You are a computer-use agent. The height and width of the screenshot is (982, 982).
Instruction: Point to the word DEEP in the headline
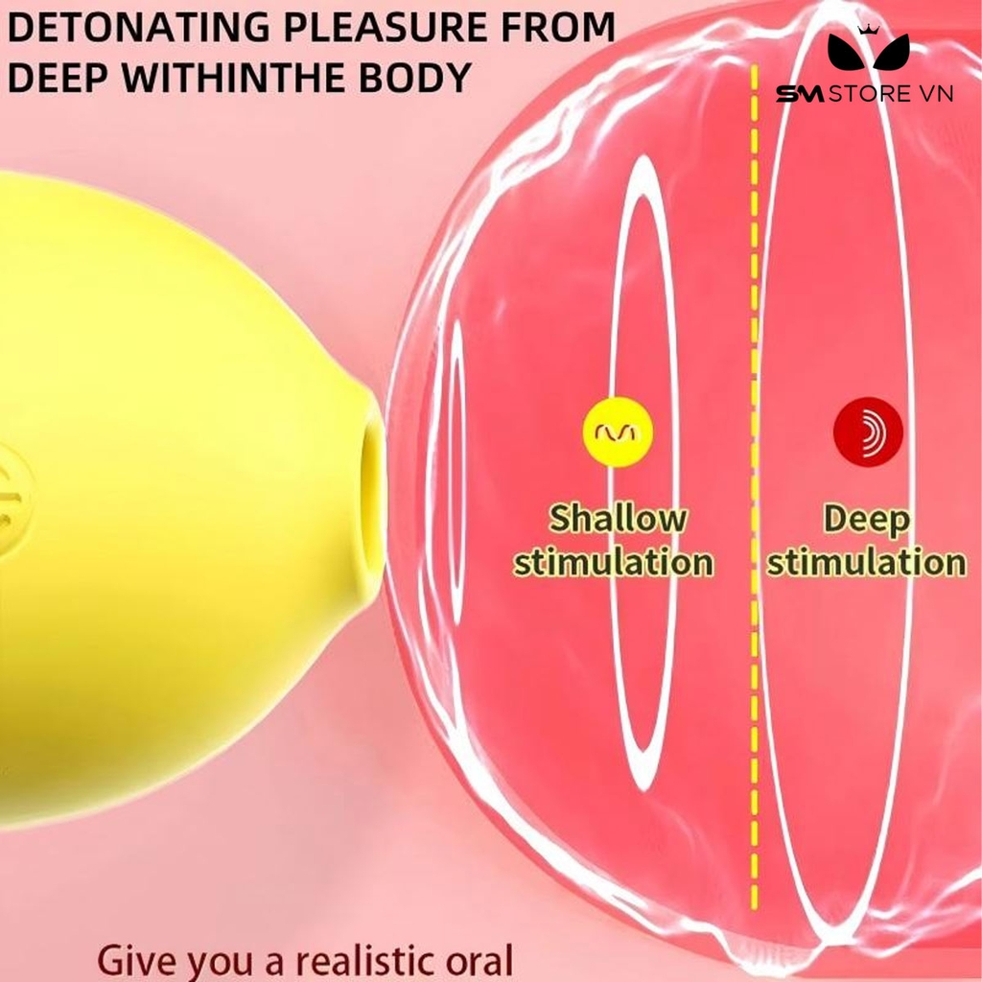57,77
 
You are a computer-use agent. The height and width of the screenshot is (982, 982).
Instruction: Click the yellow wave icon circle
618,433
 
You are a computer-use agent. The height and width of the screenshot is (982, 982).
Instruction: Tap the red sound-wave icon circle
868,432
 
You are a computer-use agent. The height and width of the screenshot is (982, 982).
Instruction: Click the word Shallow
617,519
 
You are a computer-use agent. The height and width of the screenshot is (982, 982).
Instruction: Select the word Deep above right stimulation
867,520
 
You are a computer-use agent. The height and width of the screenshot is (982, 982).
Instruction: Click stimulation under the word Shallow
613,561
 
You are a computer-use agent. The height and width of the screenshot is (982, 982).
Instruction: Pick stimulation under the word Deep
867,561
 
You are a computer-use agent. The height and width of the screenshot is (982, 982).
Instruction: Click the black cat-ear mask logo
868,53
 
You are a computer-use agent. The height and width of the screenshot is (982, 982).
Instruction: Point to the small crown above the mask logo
868,30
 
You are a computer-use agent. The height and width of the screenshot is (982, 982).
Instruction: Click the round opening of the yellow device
373,488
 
